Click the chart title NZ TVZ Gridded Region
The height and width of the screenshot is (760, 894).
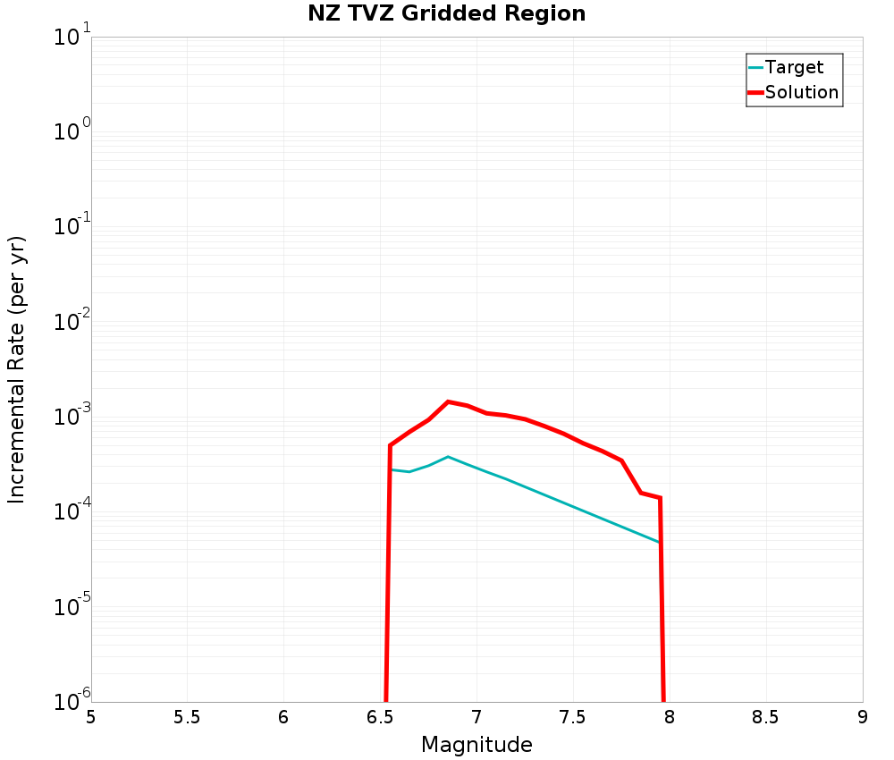tap(447, 14)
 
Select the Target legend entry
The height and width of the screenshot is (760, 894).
tap(794, 67)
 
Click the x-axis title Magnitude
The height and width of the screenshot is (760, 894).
tap(477, 745)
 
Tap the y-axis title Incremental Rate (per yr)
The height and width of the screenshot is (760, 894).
tap(17, 369)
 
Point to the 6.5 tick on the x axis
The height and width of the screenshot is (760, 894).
tap(380, 717)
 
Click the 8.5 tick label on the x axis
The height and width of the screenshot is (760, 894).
tap(765, 717)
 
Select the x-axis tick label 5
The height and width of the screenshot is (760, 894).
tap(91, 717)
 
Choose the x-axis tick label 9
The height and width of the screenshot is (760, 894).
tap(862, 717)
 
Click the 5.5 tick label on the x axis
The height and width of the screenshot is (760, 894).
tap(187, 717)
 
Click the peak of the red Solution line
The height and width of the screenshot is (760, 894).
tap(448, 401)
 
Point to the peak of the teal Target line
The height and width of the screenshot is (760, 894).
tap(448, 456)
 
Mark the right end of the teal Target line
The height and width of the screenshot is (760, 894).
tap(660, 543)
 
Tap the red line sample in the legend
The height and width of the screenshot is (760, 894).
tap(755, 92)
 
